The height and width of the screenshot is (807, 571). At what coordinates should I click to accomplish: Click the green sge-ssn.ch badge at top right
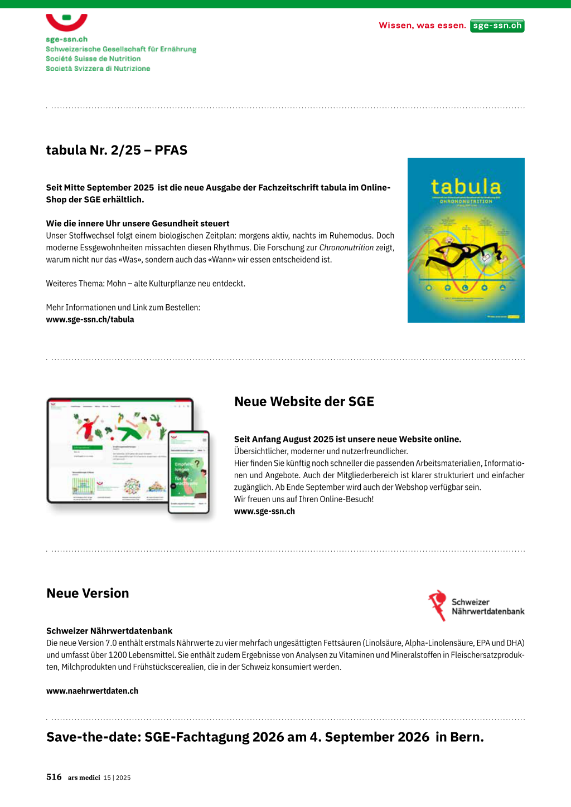point(497,26)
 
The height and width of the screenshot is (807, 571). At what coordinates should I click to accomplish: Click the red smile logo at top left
point(66,22)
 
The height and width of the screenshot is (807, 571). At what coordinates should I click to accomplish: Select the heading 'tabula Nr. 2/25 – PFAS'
point(117,150)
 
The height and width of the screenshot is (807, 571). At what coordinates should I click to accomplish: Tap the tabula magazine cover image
point(466,240)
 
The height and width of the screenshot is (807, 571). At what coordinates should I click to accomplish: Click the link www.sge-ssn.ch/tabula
point(90,320)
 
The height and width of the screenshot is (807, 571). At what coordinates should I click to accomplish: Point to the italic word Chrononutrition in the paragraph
point(346,247)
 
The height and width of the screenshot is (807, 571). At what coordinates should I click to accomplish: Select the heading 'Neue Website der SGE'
point(304,402)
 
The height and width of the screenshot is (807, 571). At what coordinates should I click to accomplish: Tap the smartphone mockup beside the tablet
point(188,471)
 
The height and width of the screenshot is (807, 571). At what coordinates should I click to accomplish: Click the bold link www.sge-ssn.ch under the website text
point(264,512)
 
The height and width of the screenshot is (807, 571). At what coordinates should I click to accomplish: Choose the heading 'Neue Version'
point(88,594)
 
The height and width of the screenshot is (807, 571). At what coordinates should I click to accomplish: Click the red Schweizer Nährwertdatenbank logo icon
point(438,605)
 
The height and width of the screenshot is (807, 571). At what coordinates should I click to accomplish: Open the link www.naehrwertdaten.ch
point(92,691)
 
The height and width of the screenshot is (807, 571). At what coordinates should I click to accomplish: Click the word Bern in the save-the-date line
point(466,737)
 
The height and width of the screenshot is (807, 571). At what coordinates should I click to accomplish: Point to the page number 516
point(54,777)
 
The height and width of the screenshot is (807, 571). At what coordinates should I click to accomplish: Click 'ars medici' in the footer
point(84,778)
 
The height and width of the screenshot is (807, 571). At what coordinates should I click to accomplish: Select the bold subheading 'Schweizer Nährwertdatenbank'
point(109,631)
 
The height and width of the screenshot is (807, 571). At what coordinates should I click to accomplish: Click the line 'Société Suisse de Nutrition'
point(93,59)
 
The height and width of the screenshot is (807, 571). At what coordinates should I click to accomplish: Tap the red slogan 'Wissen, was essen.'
point(422,26)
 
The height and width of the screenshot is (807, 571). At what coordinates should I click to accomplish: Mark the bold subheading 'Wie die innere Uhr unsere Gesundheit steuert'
point(138,223)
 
